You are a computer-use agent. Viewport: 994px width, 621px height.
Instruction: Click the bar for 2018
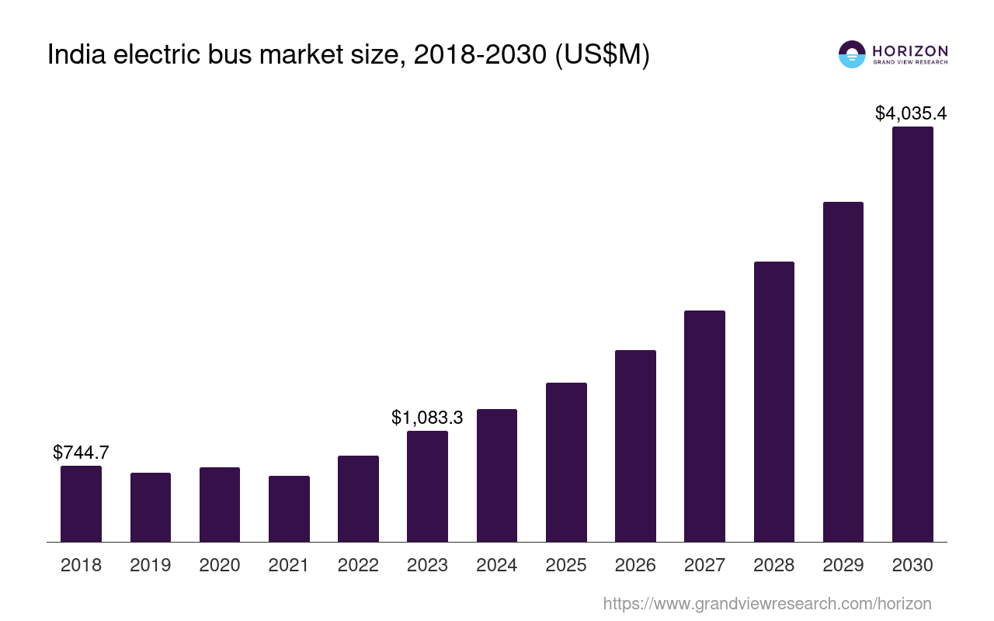tap(81, 504)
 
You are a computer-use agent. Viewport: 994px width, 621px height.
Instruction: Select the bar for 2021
tap(289, 508)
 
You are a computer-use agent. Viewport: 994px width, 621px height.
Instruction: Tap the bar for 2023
tap(427, 486)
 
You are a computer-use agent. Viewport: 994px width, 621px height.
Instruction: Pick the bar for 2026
tap(635, 446)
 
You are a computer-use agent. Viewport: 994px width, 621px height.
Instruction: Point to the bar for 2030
tap(912, 334)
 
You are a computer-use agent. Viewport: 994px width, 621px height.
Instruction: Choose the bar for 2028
tap(773, 401)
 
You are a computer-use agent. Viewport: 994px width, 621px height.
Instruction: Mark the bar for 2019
tap(151, 507)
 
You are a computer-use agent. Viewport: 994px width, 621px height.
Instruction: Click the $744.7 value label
tap(81, 453)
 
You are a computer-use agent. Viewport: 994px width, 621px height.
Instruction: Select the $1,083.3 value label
tap(427, 418)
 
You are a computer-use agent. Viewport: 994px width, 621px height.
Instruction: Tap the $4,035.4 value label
tap(910, 113)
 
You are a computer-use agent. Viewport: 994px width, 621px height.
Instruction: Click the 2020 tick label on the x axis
tap(220, 565)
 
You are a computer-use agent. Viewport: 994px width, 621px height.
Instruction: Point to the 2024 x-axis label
tap(497, 565)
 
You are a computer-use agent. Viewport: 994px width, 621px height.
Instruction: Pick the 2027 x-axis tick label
tap(704, 565)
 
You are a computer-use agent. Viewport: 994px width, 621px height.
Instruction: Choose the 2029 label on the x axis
tap(843, 565)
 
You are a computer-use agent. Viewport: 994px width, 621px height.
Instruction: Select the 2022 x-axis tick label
tap(358, 565)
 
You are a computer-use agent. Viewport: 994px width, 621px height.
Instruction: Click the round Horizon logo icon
tap(852, 54)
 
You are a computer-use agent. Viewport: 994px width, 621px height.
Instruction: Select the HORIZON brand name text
tap(910, 50)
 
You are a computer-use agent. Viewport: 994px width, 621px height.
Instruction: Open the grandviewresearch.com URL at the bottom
tap(766, 603)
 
